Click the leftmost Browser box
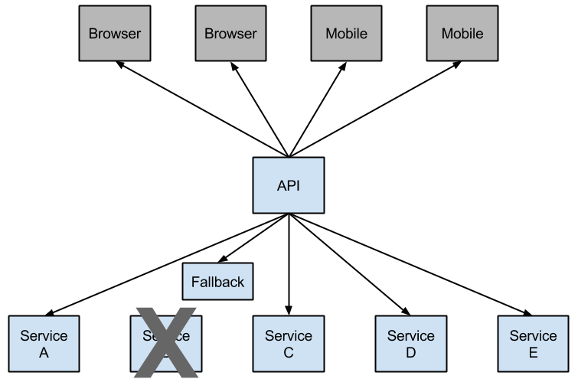114,34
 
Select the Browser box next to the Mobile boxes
230,34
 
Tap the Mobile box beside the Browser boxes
346,34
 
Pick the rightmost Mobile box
462,34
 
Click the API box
288,185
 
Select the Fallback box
217,282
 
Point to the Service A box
44,344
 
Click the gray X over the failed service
166,342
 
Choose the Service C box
288,344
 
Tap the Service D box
410,344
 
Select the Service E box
533,344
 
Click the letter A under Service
44,352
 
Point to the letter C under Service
288,352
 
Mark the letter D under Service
410,352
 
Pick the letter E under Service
533,352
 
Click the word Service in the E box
533,336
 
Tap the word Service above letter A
44,336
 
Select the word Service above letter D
410,336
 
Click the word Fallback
217,282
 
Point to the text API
288,185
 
